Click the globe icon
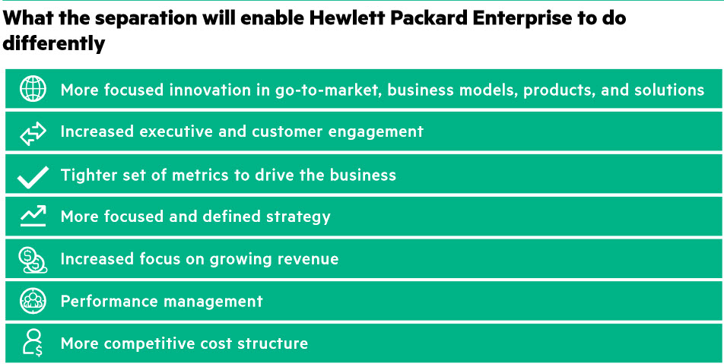33,89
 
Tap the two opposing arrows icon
33,133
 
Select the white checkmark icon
33,177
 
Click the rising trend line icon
33,216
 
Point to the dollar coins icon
33,260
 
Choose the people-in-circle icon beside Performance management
33,301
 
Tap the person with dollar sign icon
33,343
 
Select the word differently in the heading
54,45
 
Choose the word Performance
110,301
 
